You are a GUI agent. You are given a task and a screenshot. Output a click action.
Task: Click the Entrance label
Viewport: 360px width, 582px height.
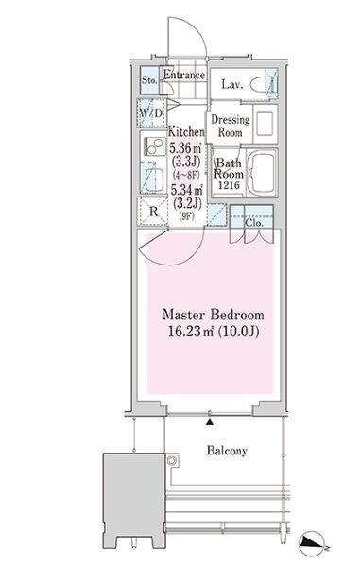click(x=184, y=75)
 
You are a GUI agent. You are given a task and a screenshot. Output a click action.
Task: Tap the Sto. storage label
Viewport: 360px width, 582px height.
click(x=149, y=79)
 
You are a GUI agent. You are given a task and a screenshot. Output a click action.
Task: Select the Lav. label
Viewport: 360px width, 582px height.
click(x=232, y=84)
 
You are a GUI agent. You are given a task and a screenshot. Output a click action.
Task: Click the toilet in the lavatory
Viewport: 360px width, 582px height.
click(x=264, y=85)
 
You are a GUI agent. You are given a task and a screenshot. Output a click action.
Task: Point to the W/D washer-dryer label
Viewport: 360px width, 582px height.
click(x=151, y=112)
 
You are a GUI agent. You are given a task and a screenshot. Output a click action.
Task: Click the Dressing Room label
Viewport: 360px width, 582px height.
click(x=231, y=126)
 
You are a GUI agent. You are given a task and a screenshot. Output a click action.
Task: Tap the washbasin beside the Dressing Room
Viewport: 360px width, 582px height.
click(x=265, y=124)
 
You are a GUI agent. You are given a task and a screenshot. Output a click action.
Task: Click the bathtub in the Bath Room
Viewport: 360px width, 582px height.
click(x=262, y=173)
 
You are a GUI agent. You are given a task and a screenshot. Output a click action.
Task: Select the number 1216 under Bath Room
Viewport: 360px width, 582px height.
click(x=229, y=185)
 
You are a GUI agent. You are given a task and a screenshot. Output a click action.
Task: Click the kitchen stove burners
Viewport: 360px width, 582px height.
click(x=154, y=146)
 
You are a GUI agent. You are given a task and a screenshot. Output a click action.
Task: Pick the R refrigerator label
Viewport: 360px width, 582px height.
click(x=153, y=212)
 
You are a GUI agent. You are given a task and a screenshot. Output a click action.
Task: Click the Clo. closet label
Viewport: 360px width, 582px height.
click(x=254, y=223)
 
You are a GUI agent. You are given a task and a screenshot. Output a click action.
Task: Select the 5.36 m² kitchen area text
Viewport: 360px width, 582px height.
click(x=185, y=148)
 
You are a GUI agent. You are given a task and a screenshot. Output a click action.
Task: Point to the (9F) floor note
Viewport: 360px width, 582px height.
click(x=187, y=215)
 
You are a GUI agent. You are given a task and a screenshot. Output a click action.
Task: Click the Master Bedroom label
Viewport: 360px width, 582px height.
click(x=214, y=315)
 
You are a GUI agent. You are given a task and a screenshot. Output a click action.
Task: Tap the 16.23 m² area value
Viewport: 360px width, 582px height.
click(x=191, y=331)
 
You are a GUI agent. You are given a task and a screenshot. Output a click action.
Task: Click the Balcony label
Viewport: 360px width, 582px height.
click(x=227, y=451)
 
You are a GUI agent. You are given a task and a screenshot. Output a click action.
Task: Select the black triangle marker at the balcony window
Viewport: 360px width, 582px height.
click(x=210, y=422)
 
